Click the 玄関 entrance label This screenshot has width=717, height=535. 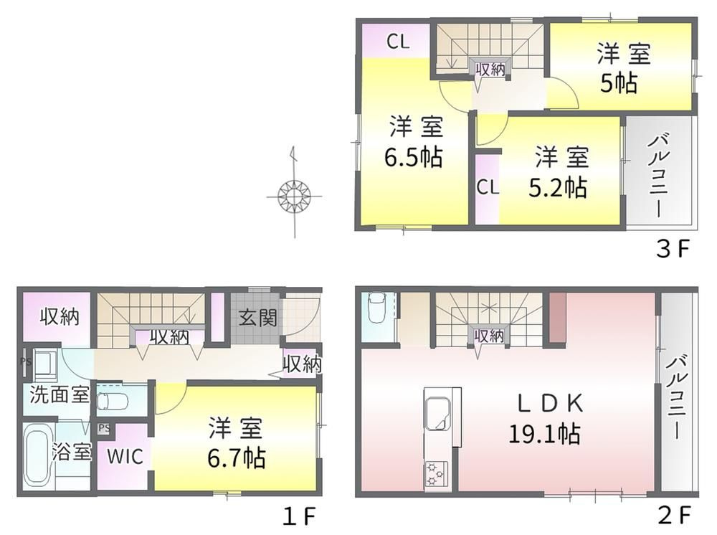(x=258, y=317)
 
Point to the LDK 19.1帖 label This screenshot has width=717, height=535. (x=545, y=419)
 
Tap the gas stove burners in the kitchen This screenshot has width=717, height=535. (x=435, y=474)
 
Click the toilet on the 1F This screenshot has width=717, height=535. (x=112, y=401)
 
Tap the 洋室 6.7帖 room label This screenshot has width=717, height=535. (x=237, y=442)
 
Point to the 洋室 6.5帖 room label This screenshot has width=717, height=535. (x=414, y=142)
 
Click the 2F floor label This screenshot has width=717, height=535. (x=674, y=516)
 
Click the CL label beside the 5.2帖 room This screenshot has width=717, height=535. (x=488, y=187)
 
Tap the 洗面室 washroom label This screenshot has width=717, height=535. (x=59, y=394)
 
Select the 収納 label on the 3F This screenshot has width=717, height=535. (x=490, y=70)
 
